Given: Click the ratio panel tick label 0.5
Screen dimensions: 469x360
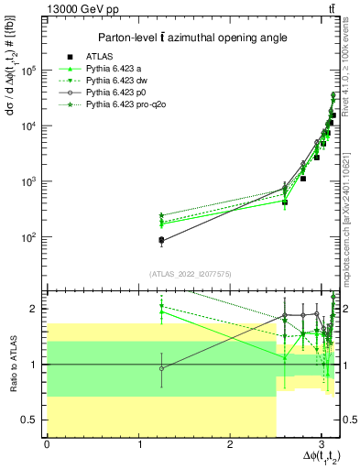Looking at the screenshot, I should (32, 420).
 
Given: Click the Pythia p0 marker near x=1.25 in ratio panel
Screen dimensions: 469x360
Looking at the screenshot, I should (161, 369).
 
